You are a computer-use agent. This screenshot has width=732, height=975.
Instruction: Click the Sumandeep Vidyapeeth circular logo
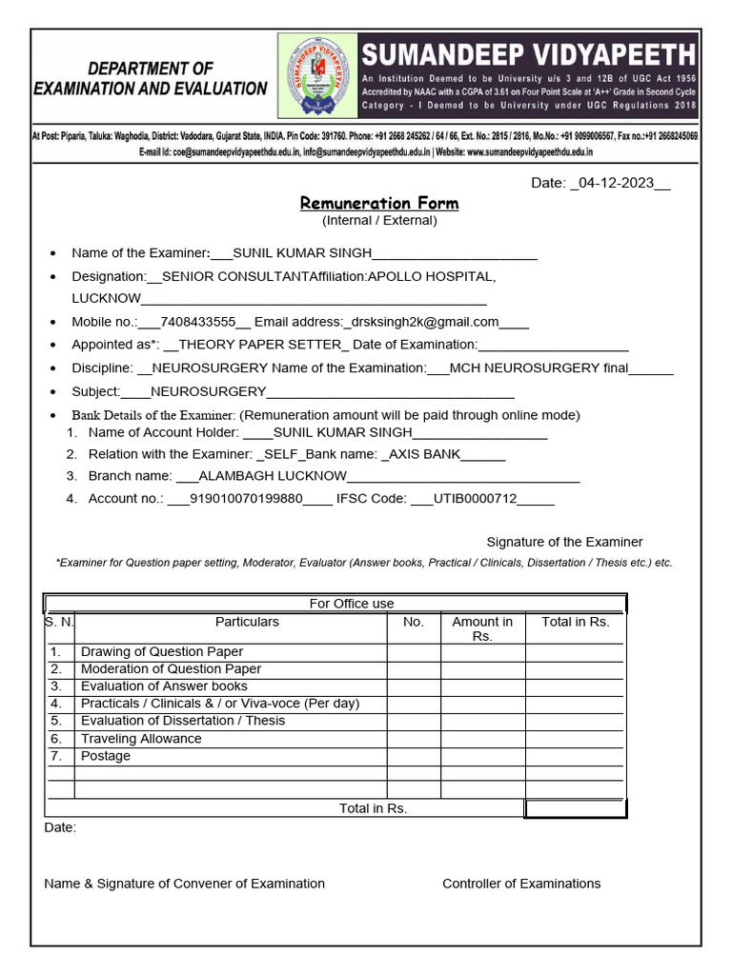tap(318, 76)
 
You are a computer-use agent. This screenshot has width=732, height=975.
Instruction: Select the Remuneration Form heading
tap(379, 203)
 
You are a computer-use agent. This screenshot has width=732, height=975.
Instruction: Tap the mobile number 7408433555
tap(197, 322)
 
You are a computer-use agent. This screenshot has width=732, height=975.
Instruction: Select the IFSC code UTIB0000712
tap(475, 498)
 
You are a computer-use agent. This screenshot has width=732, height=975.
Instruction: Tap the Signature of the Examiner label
tap(564, 542)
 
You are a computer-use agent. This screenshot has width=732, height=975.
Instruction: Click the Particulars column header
tap(247, 622)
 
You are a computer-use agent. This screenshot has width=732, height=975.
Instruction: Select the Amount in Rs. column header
tap(482, 628)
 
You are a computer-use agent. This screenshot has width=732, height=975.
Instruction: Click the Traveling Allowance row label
tap(141, 739)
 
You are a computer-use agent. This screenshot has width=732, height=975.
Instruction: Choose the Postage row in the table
tap(106, 756)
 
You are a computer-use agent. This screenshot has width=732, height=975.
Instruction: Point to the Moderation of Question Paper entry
tap(171, 668)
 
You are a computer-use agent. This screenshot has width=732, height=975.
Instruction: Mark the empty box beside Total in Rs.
tap(574, 808)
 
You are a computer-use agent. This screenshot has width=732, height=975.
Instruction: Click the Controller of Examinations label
tap(521, 884)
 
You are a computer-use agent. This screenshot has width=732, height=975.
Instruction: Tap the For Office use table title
tap(352, 604)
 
